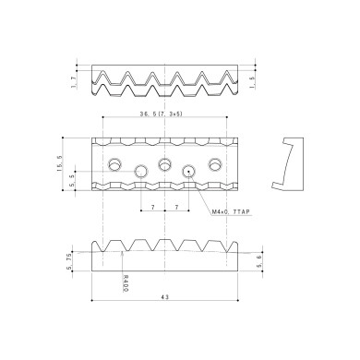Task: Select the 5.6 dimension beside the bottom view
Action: [x=259, y=261]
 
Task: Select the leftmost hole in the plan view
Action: [x=115, y=164]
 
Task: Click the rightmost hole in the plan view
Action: [x=216, y=164]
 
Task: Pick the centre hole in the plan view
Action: [x=165, y=164]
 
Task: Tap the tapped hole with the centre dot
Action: [x=190, y=171]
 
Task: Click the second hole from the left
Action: [x=141, y=171]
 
